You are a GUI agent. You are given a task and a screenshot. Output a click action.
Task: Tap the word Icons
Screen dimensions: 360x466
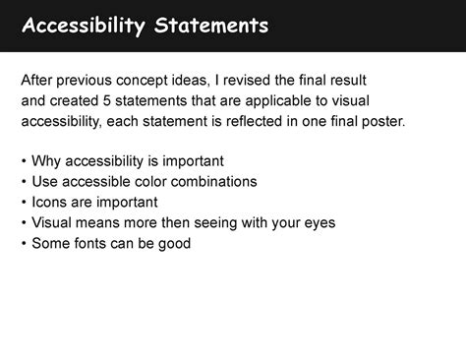click(50, 202)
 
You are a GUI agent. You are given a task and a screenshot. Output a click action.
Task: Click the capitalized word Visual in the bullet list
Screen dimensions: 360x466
click(53, 222)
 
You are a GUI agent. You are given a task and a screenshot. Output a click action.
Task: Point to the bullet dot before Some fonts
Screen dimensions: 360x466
click(24, 243)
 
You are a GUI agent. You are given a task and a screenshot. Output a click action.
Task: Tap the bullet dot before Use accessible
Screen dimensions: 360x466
click(24, 181)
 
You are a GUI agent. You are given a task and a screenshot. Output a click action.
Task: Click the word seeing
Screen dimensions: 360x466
click(209, 223)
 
